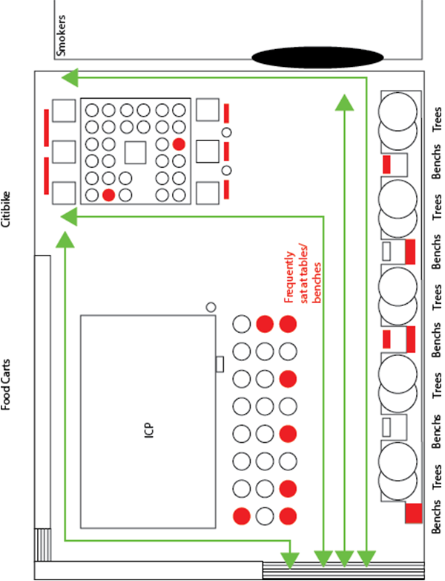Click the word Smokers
(61, 36)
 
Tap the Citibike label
(5, 210)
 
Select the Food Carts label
(5, 385)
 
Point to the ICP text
(148, 431)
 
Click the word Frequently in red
(290, 277)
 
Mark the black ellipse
(317, 58)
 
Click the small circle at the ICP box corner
(211, 307)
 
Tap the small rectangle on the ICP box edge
(220, 364)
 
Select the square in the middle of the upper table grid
(136, 152)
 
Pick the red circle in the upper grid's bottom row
(108, 195)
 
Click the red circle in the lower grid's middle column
(265, 324)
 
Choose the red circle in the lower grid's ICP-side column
(242, 516)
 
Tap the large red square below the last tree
(413, 513)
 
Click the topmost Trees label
(437, 119)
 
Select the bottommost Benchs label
(437, 516)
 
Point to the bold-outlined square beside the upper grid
(208, 151)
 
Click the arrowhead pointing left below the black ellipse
(70, 78)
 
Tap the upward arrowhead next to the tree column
(344, 103)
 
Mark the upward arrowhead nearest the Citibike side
(65, 239)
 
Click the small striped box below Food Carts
(42, 545)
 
